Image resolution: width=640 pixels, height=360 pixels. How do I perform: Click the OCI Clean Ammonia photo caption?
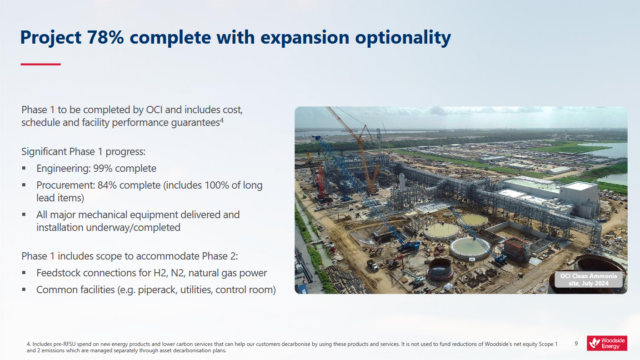pos(590,276)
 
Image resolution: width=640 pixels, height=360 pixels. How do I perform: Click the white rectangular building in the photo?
pos(578,198)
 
